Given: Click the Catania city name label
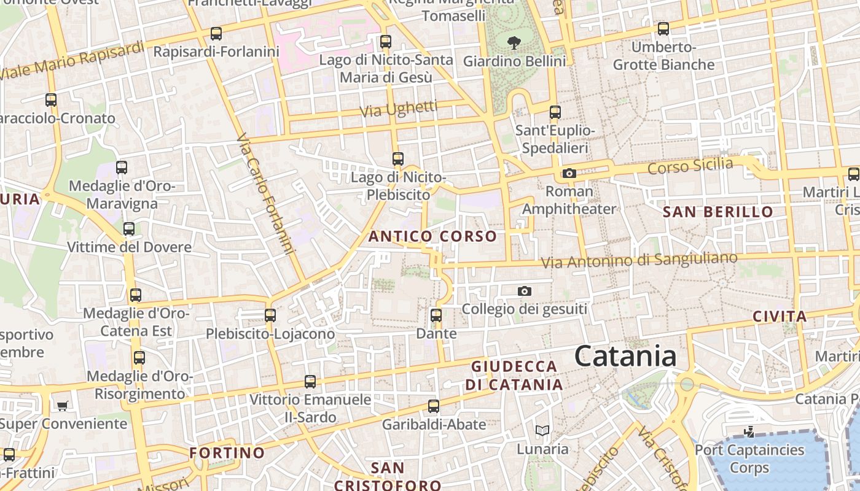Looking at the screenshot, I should click(625, 357).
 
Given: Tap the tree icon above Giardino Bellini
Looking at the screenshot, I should click(514, 42).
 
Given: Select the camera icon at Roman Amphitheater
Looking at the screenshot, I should click(569, 173).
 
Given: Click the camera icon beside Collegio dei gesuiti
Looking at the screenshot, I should click(524, 291).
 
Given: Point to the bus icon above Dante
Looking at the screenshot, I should click(436, 315).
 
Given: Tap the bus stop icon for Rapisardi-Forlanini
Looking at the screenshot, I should click(216, 34).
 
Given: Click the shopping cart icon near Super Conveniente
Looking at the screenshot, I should click(62, 406).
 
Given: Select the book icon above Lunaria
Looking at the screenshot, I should click(542, 431).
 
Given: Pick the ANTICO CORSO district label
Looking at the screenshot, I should click(432, 236).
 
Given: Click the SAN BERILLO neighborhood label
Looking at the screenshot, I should click(718, 212).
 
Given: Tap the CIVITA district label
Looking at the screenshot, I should click(780, 317).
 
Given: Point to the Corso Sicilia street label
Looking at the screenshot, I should click(690, 165).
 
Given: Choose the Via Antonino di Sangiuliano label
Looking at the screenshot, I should click(639, 260).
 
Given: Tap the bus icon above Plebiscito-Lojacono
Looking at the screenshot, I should click(270, 315).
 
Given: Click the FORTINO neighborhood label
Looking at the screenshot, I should click(227, 453).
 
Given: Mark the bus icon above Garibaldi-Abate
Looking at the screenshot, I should click(434, 406).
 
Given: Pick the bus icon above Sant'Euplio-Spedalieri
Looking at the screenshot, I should click(555, 112).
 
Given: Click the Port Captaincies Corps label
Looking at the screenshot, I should click(749, 458).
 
